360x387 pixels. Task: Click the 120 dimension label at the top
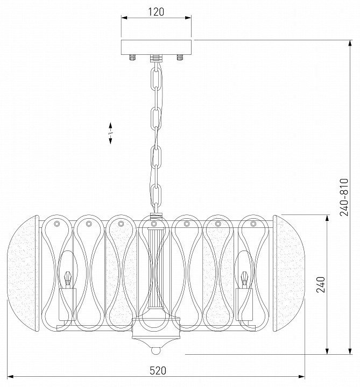[x=156, y=12]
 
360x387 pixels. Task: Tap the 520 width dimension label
[x=158, y=371]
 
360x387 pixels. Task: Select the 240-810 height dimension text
[x=344, y=197]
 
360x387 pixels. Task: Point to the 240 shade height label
[x=321, y=284]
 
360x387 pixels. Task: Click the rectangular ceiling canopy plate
[x=156, y=47]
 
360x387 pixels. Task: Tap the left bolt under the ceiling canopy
[x=133, y=58]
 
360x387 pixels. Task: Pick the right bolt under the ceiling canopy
[x=180, y=58]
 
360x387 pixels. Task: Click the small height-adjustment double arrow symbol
[x=110, y=133]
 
